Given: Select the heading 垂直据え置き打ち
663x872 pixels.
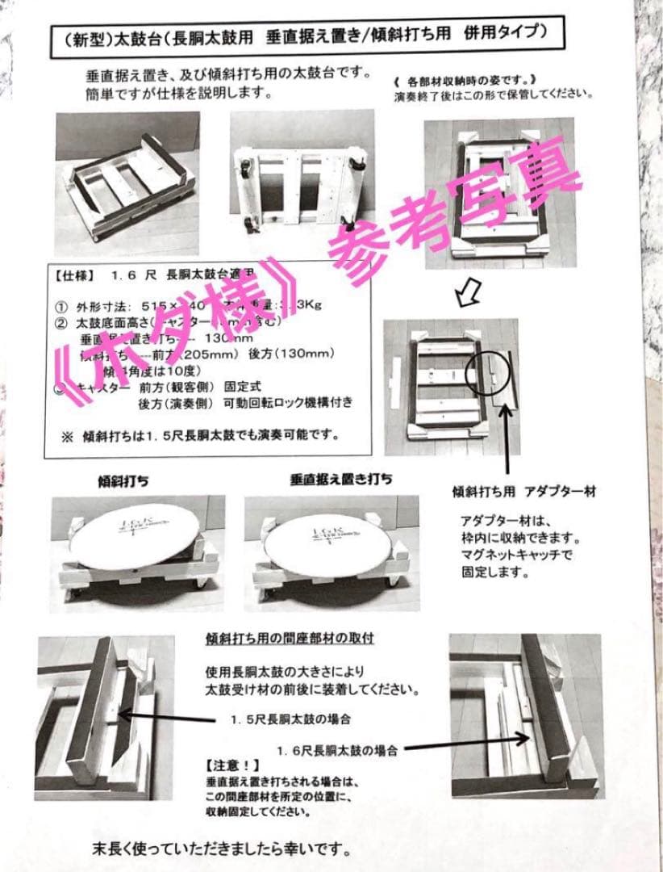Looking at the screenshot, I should [x=341, y=479].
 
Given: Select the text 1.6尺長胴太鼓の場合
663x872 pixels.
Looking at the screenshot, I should [x=337, y=750].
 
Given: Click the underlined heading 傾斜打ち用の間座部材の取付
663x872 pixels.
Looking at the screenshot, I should [x=294, y=639].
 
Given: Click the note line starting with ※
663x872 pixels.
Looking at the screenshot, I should [x=198, y=436].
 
